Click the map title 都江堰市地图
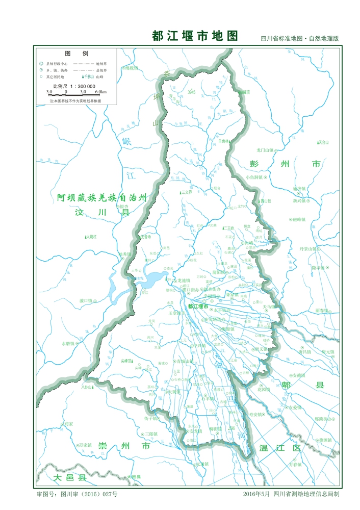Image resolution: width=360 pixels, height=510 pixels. tap(195, 36)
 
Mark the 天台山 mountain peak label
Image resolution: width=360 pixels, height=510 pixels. tap(323, 142)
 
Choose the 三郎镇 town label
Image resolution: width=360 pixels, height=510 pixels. tap(151, 434)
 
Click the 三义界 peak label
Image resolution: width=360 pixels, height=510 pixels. tap(187, 192)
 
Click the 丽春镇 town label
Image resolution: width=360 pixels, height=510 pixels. tap(322, 310)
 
